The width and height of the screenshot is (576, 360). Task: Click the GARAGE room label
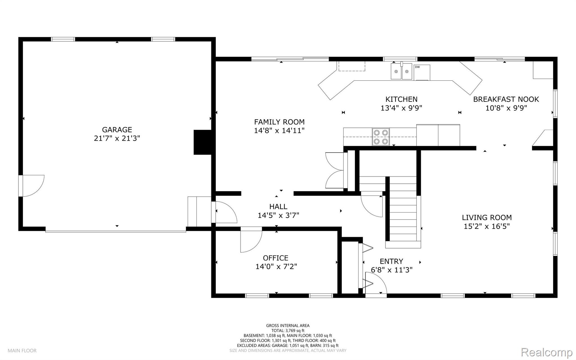click(117, 129)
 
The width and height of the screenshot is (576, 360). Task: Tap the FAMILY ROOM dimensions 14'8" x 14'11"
click(279, 131)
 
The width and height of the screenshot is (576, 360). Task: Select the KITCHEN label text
click(401, 99)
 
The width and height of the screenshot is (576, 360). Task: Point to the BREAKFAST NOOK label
click(506, 99)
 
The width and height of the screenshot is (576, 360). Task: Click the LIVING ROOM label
click(487, 217)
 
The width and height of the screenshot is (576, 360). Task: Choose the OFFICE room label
click(276, 258)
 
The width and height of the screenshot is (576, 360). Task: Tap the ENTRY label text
click(391, 261)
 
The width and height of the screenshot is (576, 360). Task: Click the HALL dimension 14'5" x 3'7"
click(278, 215)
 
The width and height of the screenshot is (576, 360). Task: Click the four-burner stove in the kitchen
click(381, 137)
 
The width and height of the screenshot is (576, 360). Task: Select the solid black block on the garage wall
click(202, 142)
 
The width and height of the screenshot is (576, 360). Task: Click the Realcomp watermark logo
click(547, 352)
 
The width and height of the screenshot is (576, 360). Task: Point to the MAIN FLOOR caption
click(22, 351)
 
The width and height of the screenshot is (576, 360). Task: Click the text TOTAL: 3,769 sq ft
click(288, 331)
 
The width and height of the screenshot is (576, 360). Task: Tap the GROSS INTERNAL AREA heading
click(288, 326)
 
